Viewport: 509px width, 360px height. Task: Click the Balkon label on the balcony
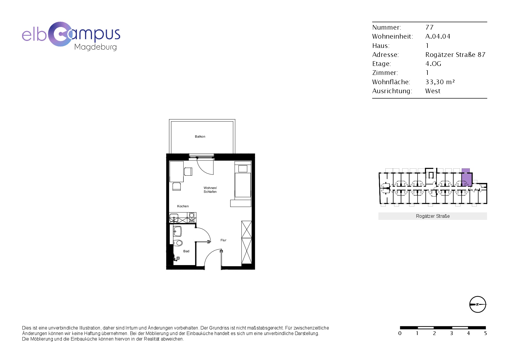200,136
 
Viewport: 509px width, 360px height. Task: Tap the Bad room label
186,251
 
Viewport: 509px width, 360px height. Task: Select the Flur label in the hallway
223,240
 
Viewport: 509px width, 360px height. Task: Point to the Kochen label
183,206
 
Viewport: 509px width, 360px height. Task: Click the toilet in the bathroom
178,243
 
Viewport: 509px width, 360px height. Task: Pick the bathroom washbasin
177,231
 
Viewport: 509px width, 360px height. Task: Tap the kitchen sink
174,218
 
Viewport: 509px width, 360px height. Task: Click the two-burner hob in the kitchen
192,217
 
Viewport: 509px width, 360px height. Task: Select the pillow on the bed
243,168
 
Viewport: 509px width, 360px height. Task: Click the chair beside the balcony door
188,172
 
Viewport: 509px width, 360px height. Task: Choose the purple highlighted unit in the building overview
466,178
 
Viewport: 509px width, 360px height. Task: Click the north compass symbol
478,304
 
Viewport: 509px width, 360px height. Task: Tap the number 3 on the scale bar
451,333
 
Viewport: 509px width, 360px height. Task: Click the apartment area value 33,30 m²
440,82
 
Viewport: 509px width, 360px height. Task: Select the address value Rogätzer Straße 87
455,55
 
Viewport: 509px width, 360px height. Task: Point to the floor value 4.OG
433,64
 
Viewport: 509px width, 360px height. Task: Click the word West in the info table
433,91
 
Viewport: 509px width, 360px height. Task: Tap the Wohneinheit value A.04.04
438,36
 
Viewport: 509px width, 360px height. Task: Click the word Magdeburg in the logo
95,47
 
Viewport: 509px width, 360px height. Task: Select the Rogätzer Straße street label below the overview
433,216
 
